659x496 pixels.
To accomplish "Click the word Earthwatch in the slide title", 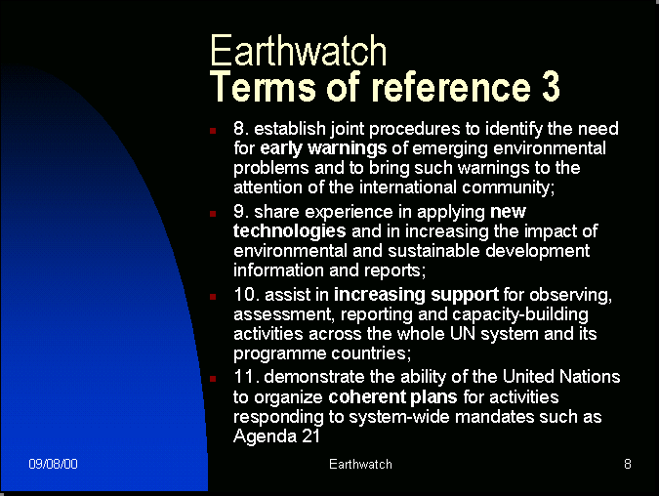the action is click(298, 51).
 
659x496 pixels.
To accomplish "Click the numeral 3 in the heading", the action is click(551, 86).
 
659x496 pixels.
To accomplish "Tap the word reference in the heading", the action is click(451, 87).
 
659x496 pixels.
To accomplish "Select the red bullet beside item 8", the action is click(213, 131).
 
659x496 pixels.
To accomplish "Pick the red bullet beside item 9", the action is click(213, 214).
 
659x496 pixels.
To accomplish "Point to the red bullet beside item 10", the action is click(213, 297).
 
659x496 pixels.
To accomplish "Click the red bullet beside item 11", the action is click(213, 379).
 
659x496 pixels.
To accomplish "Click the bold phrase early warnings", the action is click(323, 148).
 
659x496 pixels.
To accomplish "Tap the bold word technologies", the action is click(290, 231).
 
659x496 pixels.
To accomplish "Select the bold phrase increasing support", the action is click(416, 295).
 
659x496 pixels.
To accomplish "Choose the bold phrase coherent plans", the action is click(392, 397).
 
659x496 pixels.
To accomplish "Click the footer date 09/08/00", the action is click(53, 464).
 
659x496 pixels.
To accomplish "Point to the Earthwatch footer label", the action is click(360, 464).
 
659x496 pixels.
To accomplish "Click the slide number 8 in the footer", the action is click(628, 464).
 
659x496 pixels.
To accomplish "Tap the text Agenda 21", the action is click(276, 436).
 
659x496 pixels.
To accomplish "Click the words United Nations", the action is click(561, 377).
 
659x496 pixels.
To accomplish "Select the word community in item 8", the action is click(508, 187).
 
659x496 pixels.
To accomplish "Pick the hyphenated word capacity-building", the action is click(520, 314).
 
